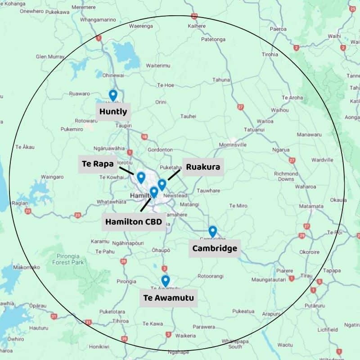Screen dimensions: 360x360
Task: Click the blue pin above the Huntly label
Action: (113, 95)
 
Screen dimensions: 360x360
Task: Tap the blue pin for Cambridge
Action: (212, 231)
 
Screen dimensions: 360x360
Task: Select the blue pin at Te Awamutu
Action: (165, 280)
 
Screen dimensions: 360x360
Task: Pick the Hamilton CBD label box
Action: (133, 222)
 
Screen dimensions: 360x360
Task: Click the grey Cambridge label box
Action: (214, 248)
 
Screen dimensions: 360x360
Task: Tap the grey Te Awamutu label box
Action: (168, 298)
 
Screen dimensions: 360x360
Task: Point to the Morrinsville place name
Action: (233, 145)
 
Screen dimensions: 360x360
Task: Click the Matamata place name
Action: (311, 206)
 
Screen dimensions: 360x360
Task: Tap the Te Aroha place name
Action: (292, 98)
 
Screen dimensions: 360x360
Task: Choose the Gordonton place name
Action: (160, 149)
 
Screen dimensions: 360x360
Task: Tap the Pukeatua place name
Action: (243, 311)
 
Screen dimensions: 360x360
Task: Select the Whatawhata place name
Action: (111, 202)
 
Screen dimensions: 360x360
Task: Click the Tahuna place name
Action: (221, 80)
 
